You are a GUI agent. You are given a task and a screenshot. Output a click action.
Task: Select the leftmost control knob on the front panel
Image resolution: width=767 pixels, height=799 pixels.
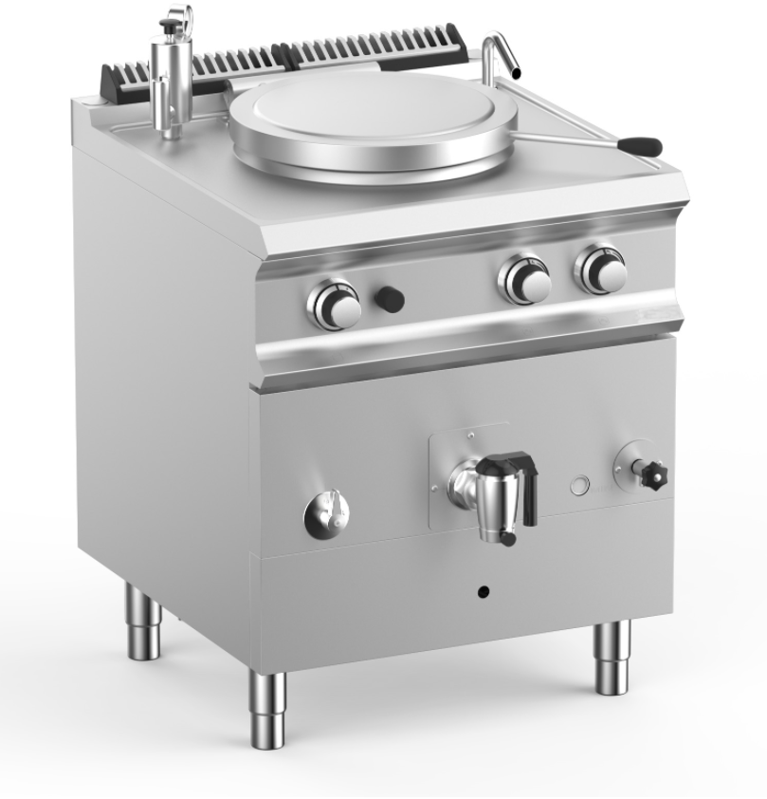(x=334, y=304)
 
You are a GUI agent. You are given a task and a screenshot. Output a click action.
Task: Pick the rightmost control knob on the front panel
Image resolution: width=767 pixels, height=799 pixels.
(x=601, y=270)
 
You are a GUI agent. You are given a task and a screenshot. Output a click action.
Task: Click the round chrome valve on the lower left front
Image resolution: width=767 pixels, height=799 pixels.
(x=326, y=513)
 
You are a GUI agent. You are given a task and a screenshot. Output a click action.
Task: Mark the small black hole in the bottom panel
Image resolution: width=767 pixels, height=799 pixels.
(x=484, y=592)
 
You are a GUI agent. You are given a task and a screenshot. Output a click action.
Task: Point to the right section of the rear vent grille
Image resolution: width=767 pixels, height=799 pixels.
(x=379, y=46)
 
